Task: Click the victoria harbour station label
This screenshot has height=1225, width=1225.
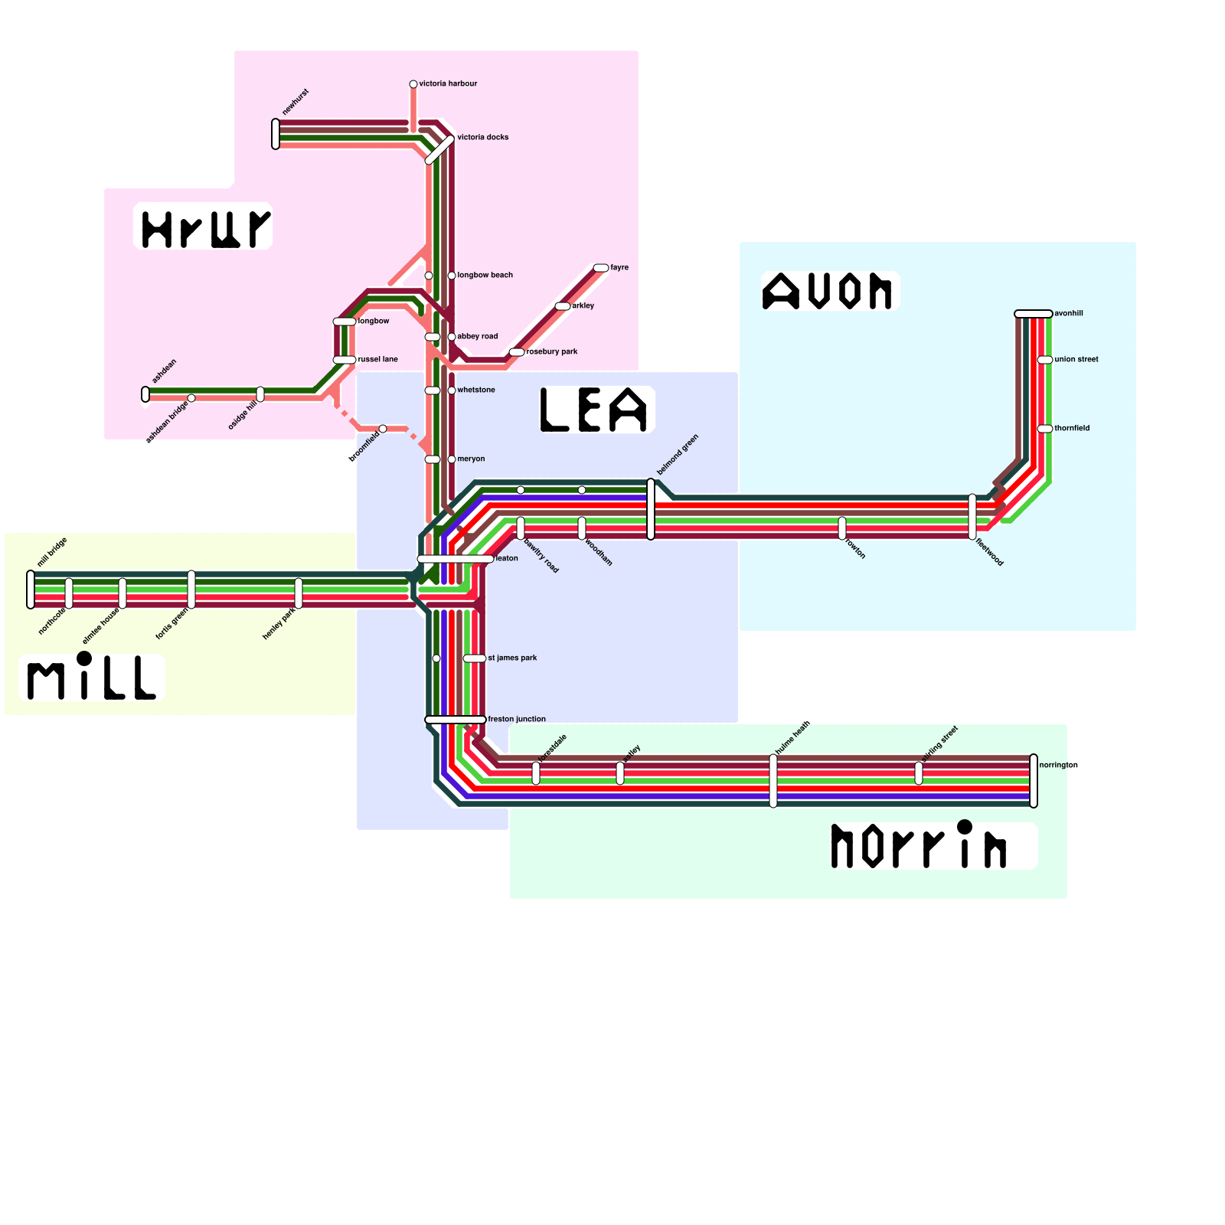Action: click(x=448, y=83)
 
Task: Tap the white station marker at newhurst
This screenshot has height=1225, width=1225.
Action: click(x=276, y=134)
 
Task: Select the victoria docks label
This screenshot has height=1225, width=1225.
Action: click(x=482, y=137)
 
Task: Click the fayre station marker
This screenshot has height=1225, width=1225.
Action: click(x=601, y=268)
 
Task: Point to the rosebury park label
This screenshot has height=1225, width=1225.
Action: click(x=552, y=351)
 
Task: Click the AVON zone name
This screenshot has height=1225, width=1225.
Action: click(x=828, y=291)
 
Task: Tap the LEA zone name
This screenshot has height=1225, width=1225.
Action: click(x=595, y=410)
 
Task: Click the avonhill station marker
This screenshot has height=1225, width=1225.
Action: click(x=1034, y=314)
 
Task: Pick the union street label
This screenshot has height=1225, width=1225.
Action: click(x=1076, y=359)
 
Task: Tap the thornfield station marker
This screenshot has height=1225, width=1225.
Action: click(x=1045, y=429)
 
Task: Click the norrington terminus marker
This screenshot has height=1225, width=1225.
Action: click(x=1034, y=781)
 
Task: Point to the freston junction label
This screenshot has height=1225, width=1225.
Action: click(x=517, y=719)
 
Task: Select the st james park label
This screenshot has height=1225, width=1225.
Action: click(x=512, y=658)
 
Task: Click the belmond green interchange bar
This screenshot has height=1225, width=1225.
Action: click(x=651, y=509)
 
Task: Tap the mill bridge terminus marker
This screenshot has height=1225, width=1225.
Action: click(x=31, y=590)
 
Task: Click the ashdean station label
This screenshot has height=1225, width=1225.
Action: click(x=164, y=371)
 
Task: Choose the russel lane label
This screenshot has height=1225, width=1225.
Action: click(x=377, y=359)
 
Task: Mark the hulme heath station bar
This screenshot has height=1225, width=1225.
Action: click(x=773, y=781)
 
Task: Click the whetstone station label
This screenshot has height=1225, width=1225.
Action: click(x=475, y=390)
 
